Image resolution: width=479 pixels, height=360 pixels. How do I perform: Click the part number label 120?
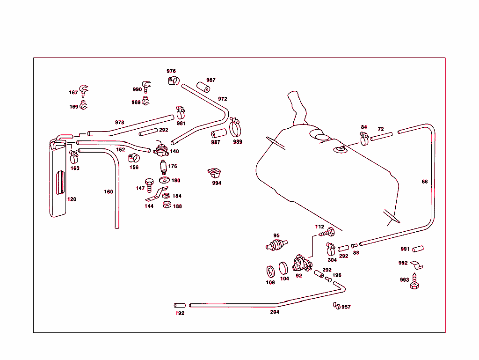[72, 199]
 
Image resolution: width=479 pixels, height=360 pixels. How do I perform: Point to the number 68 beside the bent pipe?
[424, 182]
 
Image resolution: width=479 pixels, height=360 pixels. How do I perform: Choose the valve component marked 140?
[161, 150]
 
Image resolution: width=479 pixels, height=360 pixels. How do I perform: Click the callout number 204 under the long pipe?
[275, 312]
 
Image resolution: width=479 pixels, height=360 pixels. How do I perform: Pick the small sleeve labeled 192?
[180, 305]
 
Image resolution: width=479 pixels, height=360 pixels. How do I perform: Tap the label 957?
[346, 307]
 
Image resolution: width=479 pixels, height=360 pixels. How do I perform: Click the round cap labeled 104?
[284, 268]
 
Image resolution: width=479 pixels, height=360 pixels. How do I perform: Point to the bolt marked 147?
[149, 184]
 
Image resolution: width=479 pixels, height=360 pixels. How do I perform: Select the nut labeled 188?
[166, 205]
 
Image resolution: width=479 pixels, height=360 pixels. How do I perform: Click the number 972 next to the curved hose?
[222, 99]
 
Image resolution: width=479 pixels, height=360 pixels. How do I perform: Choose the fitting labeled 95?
[277, 245]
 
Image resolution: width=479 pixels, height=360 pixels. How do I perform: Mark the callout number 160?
[109, 191]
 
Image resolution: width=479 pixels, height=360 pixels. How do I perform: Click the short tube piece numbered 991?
[418, 249]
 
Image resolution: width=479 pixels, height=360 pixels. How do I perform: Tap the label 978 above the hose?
[120, 123]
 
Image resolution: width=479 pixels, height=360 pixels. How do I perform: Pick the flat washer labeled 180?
[164, 180]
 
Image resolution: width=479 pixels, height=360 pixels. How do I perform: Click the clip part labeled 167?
[84, 90]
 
